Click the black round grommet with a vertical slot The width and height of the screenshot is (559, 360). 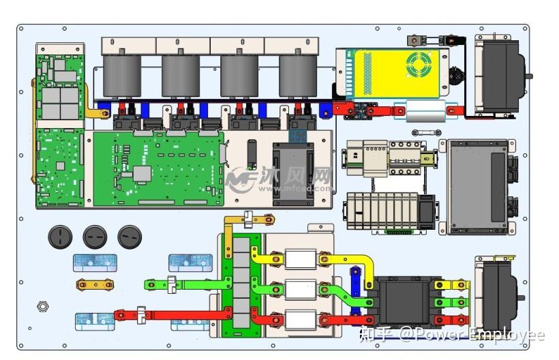60,237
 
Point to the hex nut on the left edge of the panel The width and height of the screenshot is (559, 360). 43,307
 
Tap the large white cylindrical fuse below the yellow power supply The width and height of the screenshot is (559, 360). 424,109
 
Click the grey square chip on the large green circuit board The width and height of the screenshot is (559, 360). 141,174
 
